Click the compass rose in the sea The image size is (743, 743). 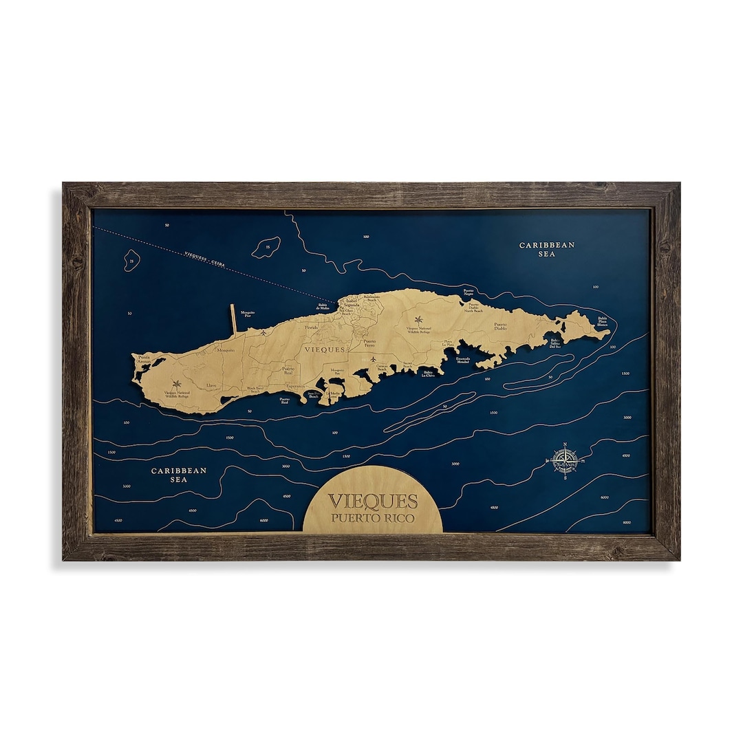tap(565, 460)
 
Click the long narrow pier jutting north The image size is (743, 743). tap(233, 321)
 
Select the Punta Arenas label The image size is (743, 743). tap(144, 358)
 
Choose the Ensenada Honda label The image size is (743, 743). tap(463, 359)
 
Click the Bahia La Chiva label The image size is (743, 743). tap(429, 375)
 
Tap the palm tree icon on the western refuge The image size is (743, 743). tap(177, 384)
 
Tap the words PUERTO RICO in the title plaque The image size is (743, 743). tap(372, 518)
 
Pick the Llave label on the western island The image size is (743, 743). tap(211, 386)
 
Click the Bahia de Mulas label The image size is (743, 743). tap(323, 309)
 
